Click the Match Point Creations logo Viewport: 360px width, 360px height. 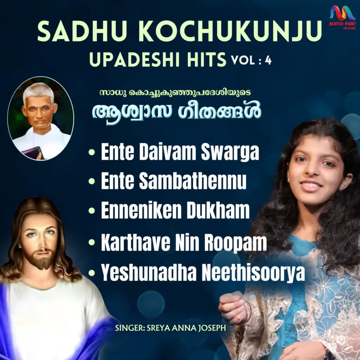pos(342,17)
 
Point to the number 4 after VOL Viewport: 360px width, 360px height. pos(268,60)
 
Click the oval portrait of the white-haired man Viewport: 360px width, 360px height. pos(41,118)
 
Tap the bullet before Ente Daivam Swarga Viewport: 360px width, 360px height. pos(92,152)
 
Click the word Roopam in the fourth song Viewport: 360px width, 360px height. pos(236,243)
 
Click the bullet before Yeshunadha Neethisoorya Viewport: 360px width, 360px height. pos(92,273)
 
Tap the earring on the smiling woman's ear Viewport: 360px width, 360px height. pos(341,189)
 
